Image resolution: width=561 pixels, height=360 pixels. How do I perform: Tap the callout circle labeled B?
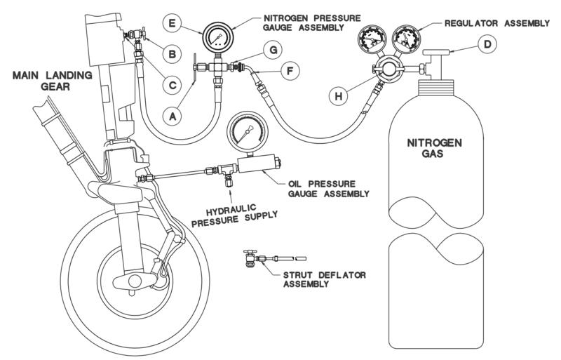[168, 53]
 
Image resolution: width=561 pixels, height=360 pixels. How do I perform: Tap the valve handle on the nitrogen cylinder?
[437, 53]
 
